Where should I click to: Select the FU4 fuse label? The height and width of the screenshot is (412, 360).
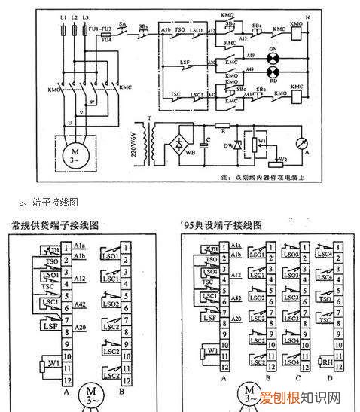click(x=105, y=44)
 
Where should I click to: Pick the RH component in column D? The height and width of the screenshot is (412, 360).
click(x=328, y=362)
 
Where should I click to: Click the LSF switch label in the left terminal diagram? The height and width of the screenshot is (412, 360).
click(x=46, y=325)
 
